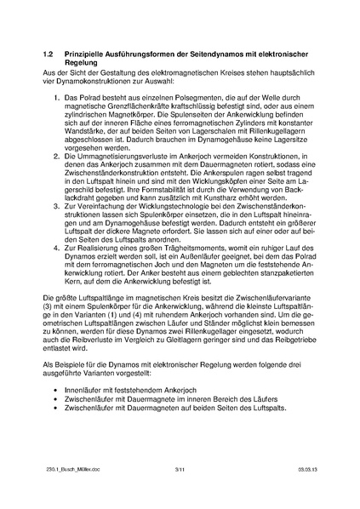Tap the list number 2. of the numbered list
point(55,158)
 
